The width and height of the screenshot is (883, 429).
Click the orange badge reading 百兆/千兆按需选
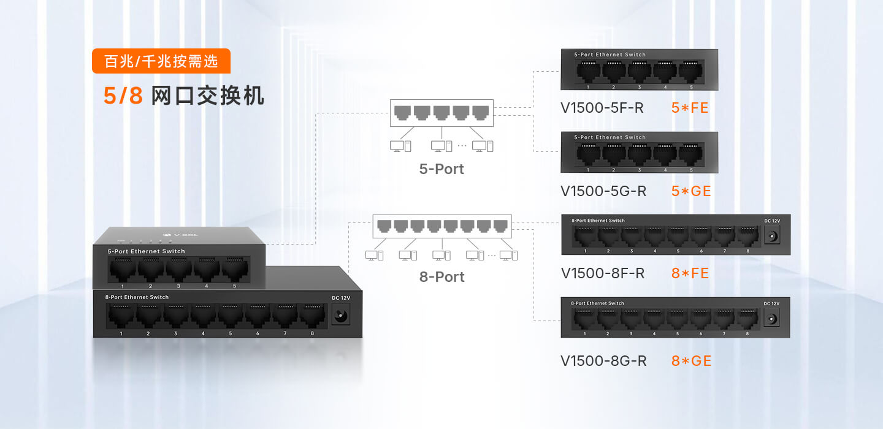pyautogui.click(x=161, y=61)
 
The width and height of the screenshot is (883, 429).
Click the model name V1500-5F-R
pyautogui.click(x=602, y=108)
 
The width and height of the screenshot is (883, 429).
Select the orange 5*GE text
pyautogui.click(x=691, y=191)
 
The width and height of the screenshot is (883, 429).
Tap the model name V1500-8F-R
pyautogui.click(x=602, y=273)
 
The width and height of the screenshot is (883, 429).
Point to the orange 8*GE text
pyautogui.click(x=691, y=361)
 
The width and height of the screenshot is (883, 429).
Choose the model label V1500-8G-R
pyautogui.click(x=603, y=361)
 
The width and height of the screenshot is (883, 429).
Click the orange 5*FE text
pyautogui.click(x=690, y=108)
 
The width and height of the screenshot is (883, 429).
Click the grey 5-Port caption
pyautogui.click(x=442, y=169)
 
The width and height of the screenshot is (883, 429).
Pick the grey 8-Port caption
pyautogui.click(x=442, y=277)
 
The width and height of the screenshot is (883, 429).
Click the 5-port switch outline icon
pyautogui.click(x=442, y=113)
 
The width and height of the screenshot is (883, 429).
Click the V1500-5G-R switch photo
pyautogui.click(x=639, y=153)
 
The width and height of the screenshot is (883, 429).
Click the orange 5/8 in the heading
pyautogui.click(x=123, y=96)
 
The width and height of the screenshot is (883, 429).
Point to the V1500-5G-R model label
pyautogui.click(x=603, y=191)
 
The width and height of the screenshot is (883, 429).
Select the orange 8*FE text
pyautogui.click(x=690, y=273)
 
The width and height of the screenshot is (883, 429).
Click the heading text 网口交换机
pyautogui.click(x=207, y=96)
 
